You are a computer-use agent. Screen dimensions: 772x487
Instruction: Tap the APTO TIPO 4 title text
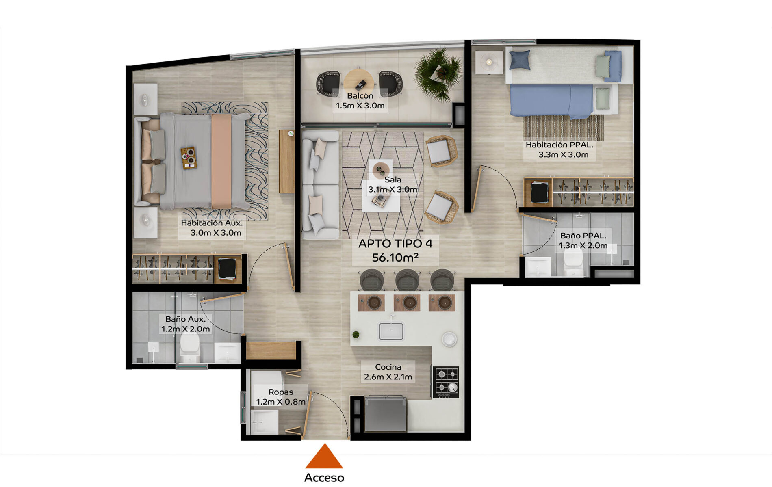(x=395, y=244)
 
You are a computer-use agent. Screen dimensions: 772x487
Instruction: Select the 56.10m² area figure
(x=395, y=258)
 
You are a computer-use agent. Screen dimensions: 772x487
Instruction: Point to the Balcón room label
(x=360, y=96)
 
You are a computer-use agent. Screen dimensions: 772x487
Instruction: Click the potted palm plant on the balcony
(x=438, y=74)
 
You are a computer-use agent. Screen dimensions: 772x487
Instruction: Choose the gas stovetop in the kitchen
(x=446, y=382)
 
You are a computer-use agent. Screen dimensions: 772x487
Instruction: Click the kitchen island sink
(x=391, y=331)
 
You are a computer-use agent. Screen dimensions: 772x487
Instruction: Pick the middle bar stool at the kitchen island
(x=407, y=280)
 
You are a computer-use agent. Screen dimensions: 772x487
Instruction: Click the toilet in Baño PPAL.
(x=573, y=262)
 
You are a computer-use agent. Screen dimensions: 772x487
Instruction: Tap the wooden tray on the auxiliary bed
(x=189, y=158)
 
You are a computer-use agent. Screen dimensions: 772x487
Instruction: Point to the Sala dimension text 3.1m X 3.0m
(x=393, y=190)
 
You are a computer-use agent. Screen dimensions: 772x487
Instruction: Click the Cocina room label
(x=388, y=367)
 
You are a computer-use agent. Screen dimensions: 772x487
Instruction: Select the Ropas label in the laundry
(x=281, y=392)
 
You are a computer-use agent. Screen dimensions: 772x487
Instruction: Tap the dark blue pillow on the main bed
(x=520, y=60)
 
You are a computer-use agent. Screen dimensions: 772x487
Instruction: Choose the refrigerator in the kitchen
(x=385, y=414)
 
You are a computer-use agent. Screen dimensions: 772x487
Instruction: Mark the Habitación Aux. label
(x=212, y=223)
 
